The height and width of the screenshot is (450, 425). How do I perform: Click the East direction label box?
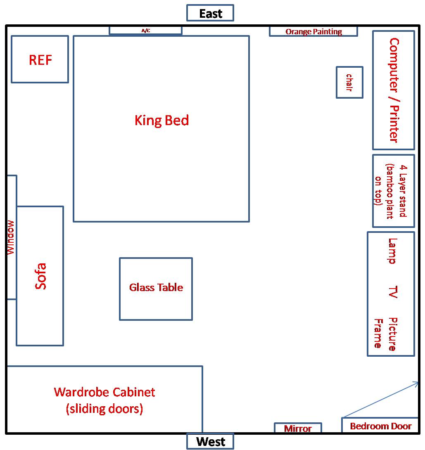pyautogui.click(x=210, y=13)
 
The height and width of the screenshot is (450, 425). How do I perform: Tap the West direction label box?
pyautogui.click(x=210, y=441)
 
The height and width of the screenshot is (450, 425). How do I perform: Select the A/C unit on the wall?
pyautogui.click(x=145, y=31)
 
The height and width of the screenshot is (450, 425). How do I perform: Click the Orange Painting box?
pyautogui.click(x=313, y=31)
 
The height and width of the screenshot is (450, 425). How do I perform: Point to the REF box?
pyautogui.click(x=40, y=59)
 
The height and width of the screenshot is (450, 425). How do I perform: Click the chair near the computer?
pyautogui.click(x=349, y=83)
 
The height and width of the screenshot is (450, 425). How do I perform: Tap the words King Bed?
pyautogui.click(x=161, y=121)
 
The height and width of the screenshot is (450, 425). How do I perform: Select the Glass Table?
pyautogui.click(x=156, y=288)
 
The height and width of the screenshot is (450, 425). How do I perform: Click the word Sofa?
pyautogui.click(x=40, y=276)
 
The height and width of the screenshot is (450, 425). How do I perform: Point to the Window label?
pyautogui.click(x=11, y=237)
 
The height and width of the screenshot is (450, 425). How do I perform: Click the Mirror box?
pyautogui.click(x=298, y=429)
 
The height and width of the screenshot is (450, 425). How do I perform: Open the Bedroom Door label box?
pyautogui.click(x=380, y=426)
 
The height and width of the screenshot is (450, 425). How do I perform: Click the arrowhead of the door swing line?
pyautogui.click(x=416, y=384)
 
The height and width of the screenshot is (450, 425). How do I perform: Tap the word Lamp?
pyautogui.click(x=392, y=251)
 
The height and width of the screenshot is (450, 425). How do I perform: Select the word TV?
pyautogui.click(x=392, y=291)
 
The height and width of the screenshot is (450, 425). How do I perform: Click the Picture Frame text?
pyautogui.click(x=386, y=334)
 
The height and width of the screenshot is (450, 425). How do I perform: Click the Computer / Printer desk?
pyautogui.click(x=394, y=90)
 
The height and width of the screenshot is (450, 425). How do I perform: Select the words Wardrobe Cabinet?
pyautogui.click(x=104, y=392)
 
